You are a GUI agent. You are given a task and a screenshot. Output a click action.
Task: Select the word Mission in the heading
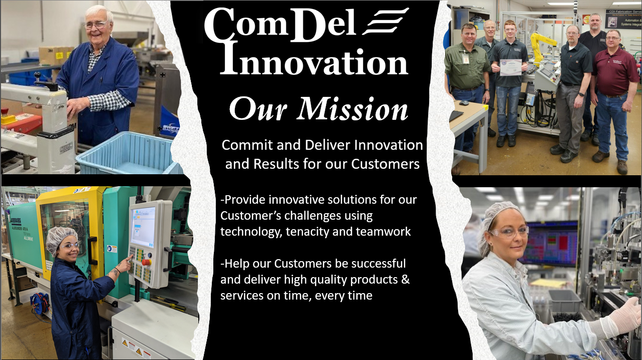click(x=352, y=109)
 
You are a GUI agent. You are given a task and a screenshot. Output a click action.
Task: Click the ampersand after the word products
click(x=405, y=280)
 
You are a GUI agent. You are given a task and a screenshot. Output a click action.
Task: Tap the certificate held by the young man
click(x=511, y=67)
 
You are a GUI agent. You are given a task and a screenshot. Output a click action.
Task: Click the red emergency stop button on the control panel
click(x=146, y=262)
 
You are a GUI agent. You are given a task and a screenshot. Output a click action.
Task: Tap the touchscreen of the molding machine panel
click(x=143, y=227)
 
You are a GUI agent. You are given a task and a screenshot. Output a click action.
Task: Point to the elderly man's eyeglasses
click(x=96, y=25)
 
